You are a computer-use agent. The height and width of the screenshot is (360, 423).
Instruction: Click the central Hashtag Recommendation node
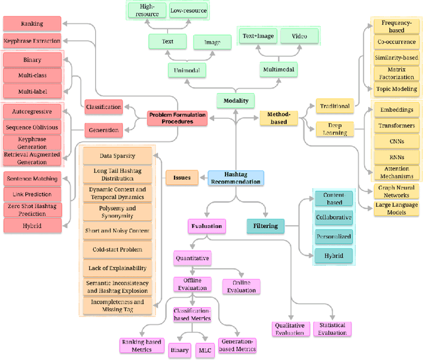click(x=236, y=178)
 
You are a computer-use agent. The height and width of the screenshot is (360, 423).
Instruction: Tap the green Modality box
click(x=236, y=100)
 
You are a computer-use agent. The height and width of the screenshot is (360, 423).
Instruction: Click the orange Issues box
click(x=182, y=177)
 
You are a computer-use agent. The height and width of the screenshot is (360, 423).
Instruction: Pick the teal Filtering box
click(x=265, y=227)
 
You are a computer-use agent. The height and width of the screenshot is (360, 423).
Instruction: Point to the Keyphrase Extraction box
click(x=32, y=40)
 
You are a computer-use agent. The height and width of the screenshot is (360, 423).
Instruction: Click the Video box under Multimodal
click(x=299, y=36)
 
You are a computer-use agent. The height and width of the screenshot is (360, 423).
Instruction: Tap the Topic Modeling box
click(x=396, y=89)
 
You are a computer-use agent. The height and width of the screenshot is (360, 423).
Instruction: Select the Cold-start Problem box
click(x=116, y=250)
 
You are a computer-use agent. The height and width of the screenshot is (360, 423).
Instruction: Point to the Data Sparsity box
click(x=116, y=157)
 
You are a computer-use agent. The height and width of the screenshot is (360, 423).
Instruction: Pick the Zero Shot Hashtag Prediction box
click(x=32, y=209)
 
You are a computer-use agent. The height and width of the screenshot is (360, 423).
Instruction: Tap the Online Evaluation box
click(x=241, y=286)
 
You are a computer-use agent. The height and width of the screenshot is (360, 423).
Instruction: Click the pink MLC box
click(x=205, y=350)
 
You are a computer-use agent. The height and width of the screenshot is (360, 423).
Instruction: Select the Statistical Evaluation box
click(x=332, y=329)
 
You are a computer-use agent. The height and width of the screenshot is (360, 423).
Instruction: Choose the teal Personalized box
click(x=333, y=236)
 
